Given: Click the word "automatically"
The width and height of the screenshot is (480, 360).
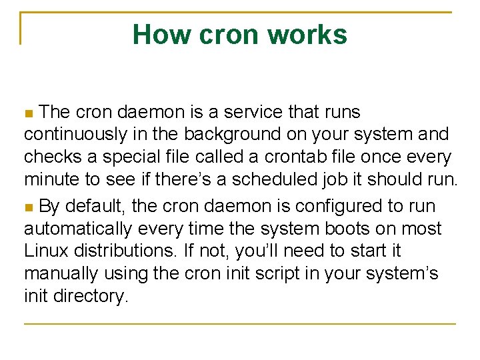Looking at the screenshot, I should tap(79, 229).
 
